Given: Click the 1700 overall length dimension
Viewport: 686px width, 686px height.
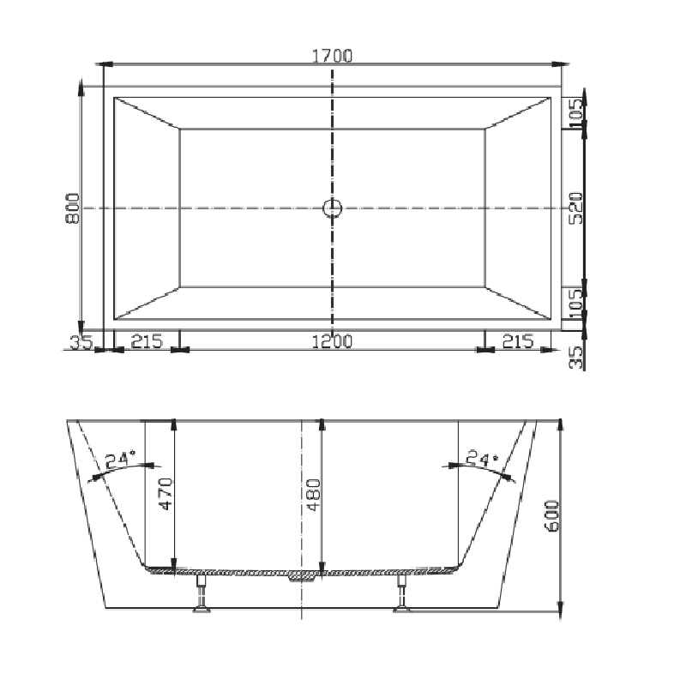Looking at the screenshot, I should [x=333, y=57].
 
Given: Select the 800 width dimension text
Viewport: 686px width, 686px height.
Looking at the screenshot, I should [x=73, y=208].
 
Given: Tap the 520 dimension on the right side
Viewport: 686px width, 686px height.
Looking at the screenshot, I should [x=577, y=208].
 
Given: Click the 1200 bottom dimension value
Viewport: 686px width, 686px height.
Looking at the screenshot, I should [x=332, y=340].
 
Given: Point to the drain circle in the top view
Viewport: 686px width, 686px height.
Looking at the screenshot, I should [x=333, y=208].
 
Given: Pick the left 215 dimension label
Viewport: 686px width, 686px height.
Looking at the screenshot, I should [x=147, y=340].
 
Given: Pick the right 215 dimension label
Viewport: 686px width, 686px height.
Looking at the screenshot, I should [x=517, y=340].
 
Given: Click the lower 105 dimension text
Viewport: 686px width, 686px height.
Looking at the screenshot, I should [x=577, y=302].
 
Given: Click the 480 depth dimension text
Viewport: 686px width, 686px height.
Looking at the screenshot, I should [x=312, y=494].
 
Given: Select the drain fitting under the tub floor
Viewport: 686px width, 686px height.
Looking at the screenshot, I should [x=302, y=576].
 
